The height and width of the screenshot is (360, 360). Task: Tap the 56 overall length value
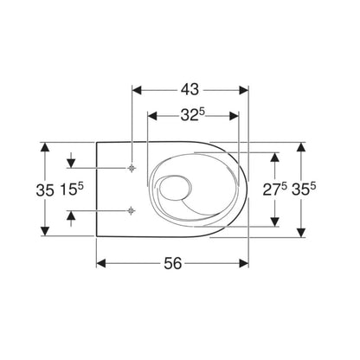pos(173,265)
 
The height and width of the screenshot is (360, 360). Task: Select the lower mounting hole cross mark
pos(130,210)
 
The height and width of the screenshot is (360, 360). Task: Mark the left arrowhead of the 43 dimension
pos(135,87)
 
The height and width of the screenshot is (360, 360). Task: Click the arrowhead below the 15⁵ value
pos(72,216)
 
